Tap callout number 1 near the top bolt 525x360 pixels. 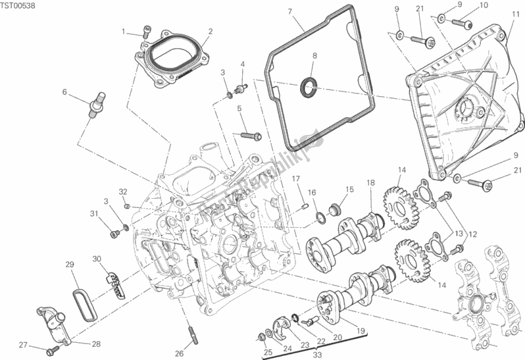coord(123,31)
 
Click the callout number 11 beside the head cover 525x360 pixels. coord(516,13)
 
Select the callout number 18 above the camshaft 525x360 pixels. coord(370,182)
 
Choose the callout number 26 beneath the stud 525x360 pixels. coord(178,353)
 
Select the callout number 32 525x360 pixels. coord(122,192)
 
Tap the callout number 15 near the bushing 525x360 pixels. coord(350,189)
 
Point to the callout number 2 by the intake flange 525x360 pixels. coord(210,31)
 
